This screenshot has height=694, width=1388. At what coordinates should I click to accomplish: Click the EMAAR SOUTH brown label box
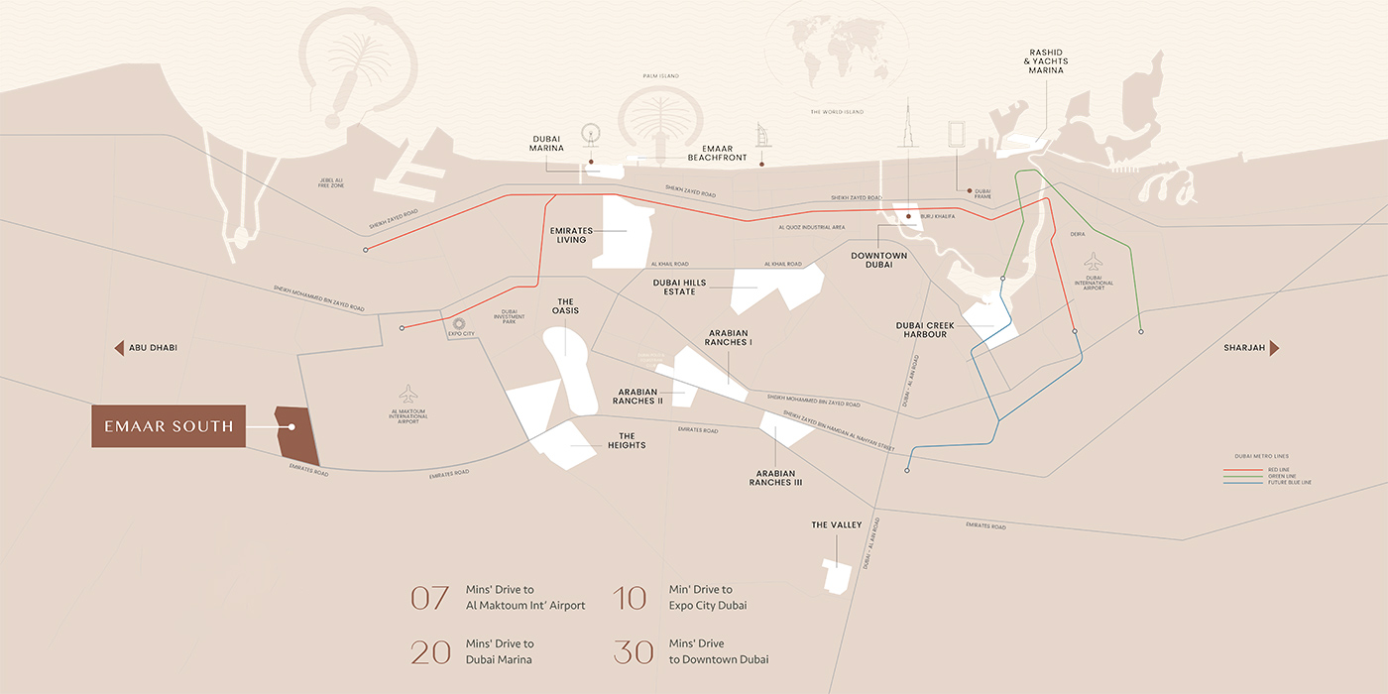(x=169, y=426)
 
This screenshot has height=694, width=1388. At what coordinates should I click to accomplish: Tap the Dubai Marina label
(x=546, y=144)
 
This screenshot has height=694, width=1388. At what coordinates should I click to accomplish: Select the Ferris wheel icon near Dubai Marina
(x=592, y=135)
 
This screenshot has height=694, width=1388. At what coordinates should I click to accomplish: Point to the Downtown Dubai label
(x=878, y=260)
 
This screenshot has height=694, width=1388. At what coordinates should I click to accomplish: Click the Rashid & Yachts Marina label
(x=1046, y=60)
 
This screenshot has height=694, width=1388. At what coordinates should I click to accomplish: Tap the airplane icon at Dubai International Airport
(x=1094, y=261)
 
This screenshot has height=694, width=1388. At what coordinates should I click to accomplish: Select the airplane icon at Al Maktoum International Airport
(x=408, y=393)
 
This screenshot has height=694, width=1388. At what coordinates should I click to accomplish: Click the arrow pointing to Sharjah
(x=1274, y=348)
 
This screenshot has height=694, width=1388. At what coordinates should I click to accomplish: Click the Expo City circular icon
(x=458, y=323)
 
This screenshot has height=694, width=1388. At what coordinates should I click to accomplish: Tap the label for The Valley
(x=837, y=524)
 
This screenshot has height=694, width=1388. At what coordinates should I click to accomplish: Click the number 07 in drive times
(x=430, y=598)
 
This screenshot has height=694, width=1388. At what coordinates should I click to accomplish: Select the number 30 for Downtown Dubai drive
(x=634, y=652)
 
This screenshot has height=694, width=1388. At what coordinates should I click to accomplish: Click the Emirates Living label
(x=571, y=235)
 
